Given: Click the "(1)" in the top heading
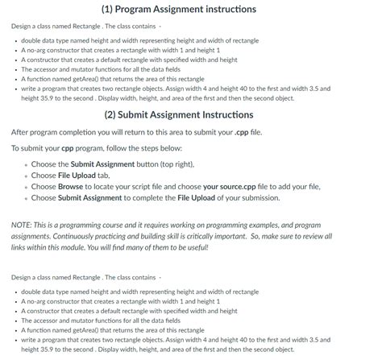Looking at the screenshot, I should click(113, 9).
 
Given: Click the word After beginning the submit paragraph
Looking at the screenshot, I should click(22, 132).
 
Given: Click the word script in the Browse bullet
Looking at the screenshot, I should click(151, 186).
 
